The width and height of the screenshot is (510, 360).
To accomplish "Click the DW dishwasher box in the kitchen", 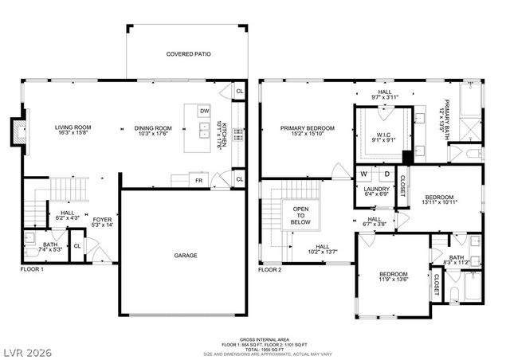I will pyautogui.click(x=205, y=111).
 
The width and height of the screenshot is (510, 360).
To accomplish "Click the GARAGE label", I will pyautogui.click(x=186, y=256).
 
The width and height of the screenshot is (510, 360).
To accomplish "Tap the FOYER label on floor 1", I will pyautogui.click(x=101, y=222).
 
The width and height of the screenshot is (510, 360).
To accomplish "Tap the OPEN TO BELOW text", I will pyautogui.click(x=300, y=217).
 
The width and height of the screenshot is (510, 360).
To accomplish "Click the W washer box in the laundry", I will pyautogui.click(x=363, y=174).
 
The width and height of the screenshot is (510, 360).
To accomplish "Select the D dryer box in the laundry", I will pyautogui.click(x=386, y=174).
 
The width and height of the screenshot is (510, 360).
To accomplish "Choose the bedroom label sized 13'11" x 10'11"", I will pyautogui.click(x=439, y=199).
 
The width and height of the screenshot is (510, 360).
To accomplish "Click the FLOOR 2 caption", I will pyautogui.click(x=270, y=270).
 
